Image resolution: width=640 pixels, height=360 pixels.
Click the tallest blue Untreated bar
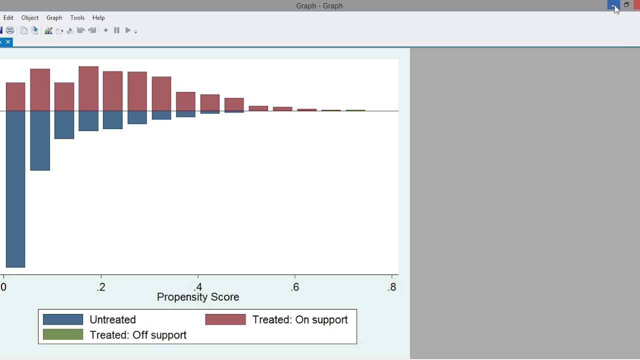(15, 189)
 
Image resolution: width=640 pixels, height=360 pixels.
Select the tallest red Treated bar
(88, 88)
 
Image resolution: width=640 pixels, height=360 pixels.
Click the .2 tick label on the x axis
(101, 287)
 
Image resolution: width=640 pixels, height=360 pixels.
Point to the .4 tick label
(198, 287)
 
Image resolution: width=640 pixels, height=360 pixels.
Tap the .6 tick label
(295, 287)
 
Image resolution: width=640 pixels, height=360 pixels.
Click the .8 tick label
(392, 287)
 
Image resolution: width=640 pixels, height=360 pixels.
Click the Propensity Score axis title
(198, 297)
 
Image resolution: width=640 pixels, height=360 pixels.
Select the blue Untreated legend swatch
(63, 319)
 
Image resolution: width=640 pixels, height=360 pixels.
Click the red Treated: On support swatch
(225, 319)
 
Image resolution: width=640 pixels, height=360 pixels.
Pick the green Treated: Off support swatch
(63, 334)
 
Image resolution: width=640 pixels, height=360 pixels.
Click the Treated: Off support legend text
(138, 335)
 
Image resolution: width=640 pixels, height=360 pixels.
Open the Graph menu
(54, 17)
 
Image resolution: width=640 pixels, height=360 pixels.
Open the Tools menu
(77, 17)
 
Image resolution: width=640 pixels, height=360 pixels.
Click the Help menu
(98, 17)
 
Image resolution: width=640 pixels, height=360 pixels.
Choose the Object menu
(30, 17)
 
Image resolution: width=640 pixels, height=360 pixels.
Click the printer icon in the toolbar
(10, 30)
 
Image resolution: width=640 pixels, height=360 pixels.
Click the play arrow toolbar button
(128, 30)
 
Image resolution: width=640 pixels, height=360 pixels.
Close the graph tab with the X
(8, 42)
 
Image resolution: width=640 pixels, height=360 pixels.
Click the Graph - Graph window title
(319, 6)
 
